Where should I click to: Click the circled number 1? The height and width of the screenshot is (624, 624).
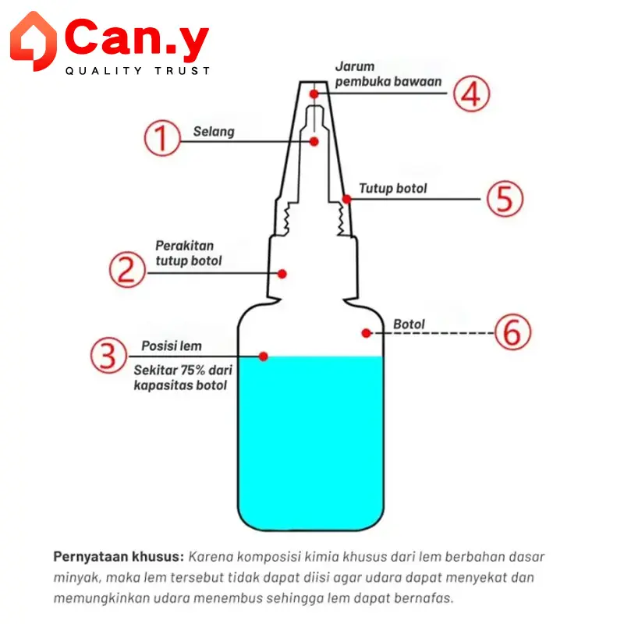162,138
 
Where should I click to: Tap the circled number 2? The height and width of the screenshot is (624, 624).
127,269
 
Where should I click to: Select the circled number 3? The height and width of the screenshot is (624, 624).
108,356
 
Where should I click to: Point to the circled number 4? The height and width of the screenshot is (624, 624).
472,94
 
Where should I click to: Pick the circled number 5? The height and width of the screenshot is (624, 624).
505,199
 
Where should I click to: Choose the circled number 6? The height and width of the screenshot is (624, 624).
513,332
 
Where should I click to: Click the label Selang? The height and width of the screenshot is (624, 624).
214,132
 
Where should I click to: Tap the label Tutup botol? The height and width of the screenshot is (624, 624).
393,188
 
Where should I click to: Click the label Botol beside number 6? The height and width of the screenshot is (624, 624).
409,324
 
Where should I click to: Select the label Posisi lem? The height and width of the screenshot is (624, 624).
172,346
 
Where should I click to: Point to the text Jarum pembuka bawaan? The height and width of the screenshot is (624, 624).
388,74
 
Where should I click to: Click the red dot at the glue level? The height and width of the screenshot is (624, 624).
263,356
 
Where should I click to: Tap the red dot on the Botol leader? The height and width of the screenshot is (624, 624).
367,333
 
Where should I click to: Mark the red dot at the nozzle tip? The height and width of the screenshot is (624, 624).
314,94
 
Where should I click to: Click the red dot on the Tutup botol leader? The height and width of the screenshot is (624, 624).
346,199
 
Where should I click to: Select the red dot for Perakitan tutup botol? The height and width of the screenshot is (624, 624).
282,274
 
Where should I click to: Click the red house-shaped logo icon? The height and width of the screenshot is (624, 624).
34,41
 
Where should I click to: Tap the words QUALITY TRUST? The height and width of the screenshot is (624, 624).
138,71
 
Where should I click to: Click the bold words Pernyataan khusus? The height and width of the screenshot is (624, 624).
119,556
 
